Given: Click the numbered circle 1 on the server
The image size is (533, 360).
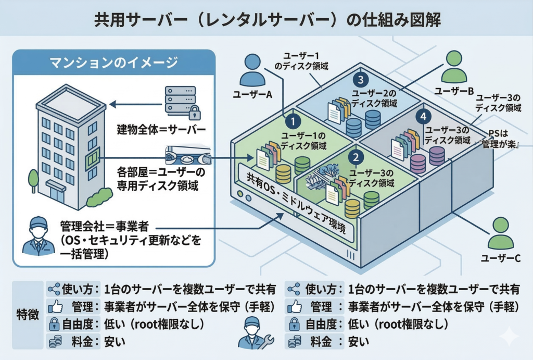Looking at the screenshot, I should (294, 121).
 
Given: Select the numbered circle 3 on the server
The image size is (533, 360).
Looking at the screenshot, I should (361, 80).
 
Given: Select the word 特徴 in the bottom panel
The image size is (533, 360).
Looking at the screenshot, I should (28, 316).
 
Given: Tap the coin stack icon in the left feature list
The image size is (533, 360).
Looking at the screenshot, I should (54, 342).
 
